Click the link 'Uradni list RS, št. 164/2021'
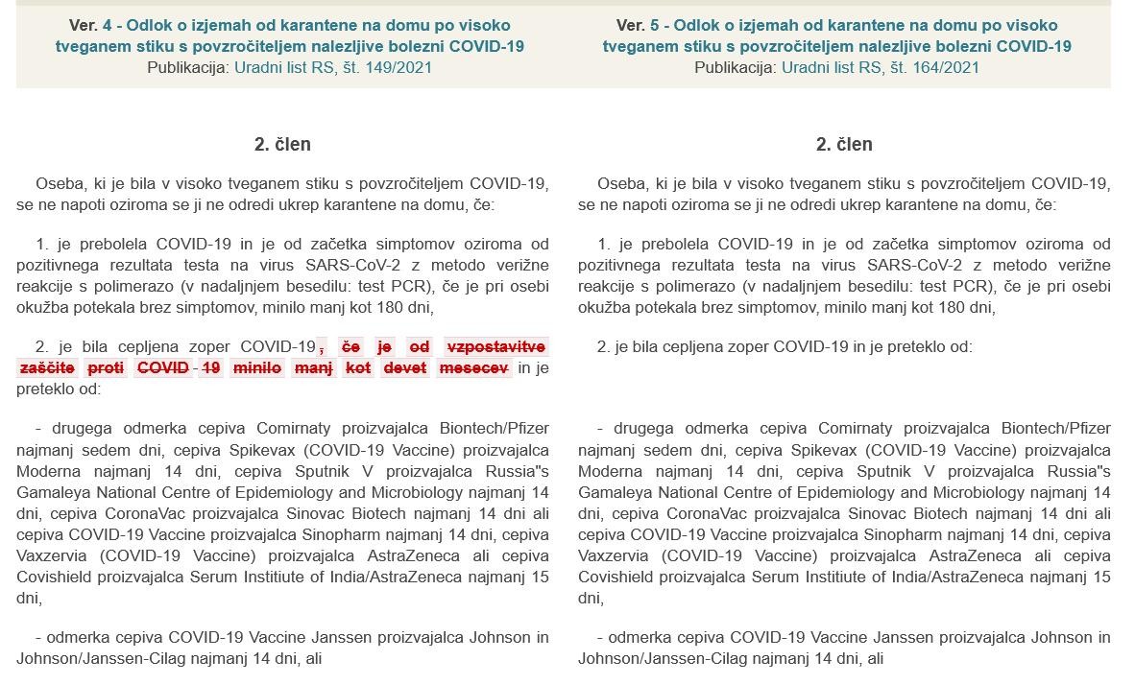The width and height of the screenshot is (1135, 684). click(881, 67)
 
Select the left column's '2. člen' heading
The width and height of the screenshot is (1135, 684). click(282, 144)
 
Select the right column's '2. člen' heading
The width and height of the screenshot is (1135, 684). click(844, 144)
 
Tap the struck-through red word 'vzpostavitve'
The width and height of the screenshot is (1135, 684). click(496, 346)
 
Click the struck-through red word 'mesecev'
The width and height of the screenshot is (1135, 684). click(473, 367)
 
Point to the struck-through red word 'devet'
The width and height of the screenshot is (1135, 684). click(404, 367)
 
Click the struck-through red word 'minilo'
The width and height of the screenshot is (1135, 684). click(256, 367)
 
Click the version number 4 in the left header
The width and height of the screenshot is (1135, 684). click(108, 25)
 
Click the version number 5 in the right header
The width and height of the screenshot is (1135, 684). click(655, 25)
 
